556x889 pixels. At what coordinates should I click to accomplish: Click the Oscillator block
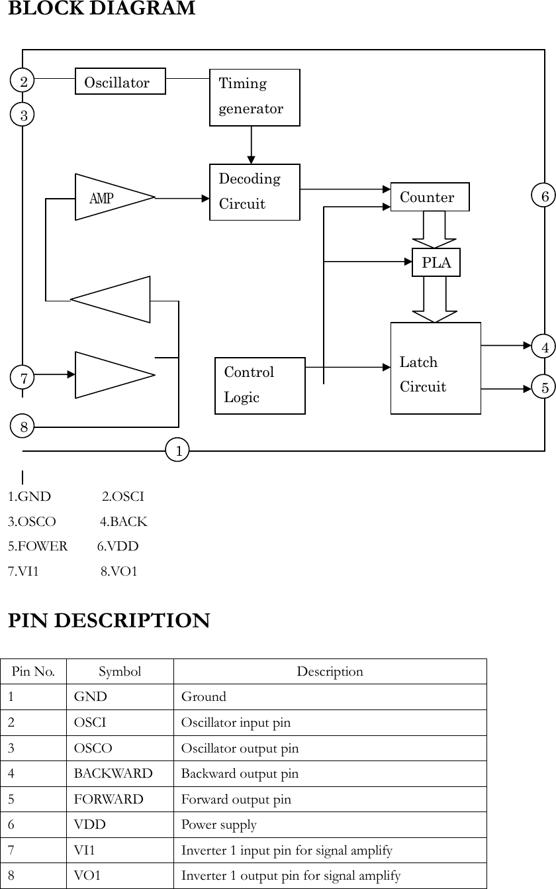pyautogui.click(x=120, y=81)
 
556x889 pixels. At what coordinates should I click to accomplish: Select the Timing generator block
pyautogui.click(x=254, y=97)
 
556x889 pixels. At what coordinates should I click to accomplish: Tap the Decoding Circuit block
pyautogui.click(x=254, y=192)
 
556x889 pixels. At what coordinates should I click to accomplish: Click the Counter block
pyautogui.click(x=430, y=197)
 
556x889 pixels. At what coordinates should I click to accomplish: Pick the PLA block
pyautogui.click(x=436, y=262)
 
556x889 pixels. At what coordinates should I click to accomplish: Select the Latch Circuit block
pyautogui.click(x=436, y=368)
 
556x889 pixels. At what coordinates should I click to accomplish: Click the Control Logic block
pyautogui.click(x=260, y=386)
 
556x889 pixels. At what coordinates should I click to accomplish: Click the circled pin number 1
pyautogui.click(x=177, y=450)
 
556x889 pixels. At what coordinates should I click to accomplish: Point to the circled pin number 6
pyautogui.click(x=544, y=196)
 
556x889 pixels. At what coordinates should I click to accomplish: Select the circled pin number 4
pyautogui.click(x=544, y=346)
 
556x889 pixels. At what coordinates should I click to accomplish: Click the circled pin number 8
pyautogui.click(x=23, y=427)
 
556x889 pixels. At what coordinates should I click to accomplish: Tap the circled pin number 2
pyautogui.click(x=23, y=81)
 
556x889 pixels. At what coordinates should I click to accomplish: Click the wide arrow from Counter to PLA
pyautogui.click(x=434, y=229)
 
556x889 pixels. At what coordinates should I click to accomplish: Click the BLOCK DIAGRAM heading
pyautogui.click(x=101, y=9)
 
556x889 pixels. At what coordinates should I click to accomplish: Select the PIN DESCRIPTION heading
pyautogui.click(x=109, y=621)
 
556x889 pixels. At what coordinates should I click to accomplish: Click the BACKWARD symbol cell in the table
pyautogui.click(x=113, y=774)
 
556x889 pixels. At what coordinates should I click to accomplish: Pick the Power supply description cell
pyautogui.click(x=219, y=825)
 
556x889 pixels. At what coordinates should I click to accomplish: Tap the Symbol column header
pyautogui.click(x=120, y=672)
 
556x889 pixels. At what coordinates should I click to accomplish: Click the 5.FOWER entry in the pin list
pyautogui.click(x=38, y=547)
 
